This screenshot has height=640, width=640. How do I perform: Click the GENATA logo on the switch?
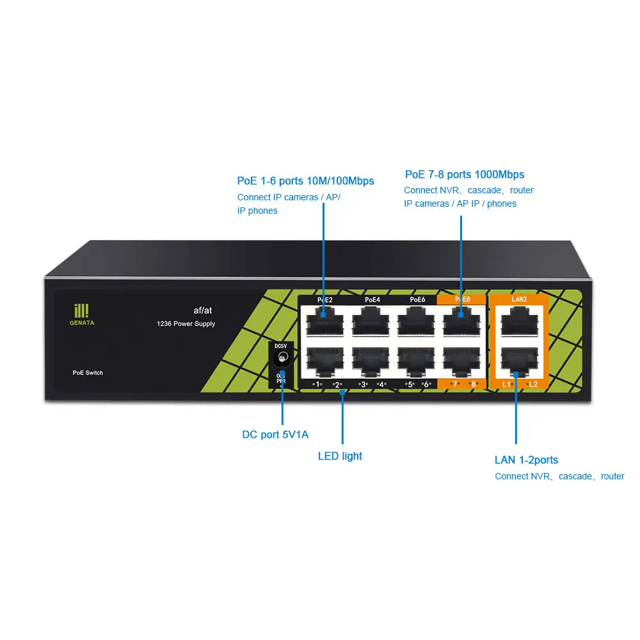point(81,314)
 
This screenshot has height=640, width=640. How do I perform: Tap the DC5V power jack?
point(280,362)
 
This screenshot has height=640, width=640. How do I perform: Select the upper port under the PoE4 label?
point(371,320)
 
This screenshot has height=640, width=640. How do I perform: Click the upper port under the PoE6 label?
point(416,320)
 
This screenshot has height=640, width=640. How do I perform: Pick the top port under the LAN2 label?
point(518,320)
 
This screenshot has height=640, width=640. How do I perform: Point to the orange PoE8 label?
point(462,299)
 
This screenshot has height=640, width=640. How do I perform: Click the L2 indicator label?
point(533,384)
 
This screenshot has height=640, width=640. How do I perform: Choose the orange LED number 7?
point(455,384)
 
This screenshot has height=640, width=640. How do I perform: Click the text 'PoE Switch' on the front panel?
point(88,372)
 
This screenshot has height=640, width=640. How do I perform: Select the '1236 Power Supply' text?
point(186,324)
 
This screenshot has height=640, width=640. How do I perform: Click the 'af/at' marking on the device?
point(202,310)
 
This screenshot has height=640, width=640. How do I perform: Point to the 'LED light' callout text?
point(340,456)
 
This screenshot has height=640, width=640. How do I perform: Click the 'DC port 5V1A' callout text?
point(275,435)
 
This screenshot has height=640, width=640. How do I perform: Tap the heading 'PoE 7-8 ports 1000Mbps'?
point(464,175)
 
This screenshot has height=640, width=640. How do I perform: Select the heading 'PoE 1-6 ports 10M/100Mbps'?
point(305,181)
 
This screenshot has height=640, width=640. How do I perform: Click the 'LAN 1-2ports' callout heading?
point(526,460)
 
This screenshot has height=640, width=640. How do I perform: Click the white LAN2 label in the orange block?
point(518,299)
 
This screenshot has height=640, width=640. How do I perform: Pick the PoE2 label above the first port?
point(324,299)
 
